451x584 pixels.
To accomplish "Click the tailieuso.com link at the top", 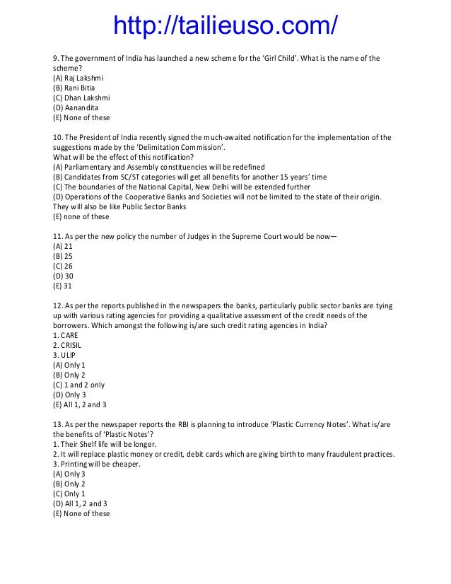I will pos(225,26).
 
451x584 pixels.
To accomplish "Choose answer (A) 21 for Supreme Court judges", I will pos(63,246).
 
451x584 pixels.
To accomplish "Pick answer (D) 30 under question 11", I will pos(64,276).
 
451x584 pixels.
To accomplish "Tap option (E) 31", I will pos(63,286).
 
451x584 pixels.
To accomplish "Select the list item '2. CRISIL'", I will pos(68,345).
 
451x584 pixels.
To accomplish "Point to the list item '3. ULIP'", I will pos(65,355).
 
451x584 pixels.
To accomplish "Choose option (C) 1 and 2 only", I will pos(78,385).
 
